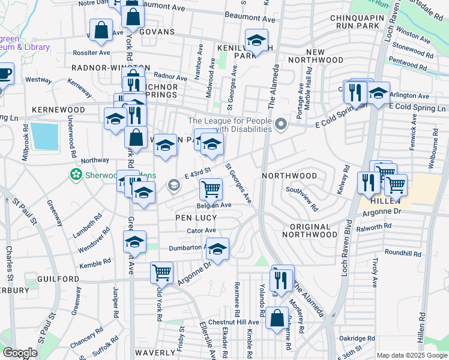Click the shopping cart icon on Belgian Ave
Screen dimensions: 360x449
coord(211,190)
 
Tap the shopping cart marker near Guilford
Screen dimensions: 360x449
coord(161,272)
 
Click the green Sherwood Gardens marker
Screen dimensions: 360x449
coord(76,175)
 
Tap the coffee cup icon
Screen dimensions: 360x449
coord(4,74)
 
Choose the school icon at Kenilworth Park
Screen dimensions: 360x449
coord(256,41)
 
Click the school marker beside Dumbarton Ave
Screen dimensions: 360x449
coord(218,249)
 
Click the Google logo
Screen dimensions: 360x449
coord(19,353)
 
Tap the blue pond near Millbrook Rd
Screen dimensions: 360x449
coord(45,136)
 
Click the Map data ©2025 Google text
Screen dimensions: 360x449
coord(412,355)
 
